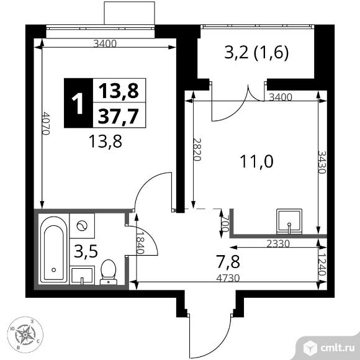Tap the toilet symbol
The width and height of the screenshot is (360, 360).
click(108, 271)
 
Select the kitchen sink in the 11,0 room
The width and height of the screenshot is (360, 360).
click(288, 220)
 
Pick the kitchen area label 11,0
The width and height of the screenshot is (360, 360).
click(256, 162)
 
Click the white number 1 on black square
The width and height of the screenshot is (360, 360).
click(78, 102)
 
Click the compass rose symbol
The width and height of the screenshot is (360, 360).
click(25, 335)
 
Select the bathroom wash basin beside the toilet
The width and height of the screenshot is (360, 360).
click(82, 274)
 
